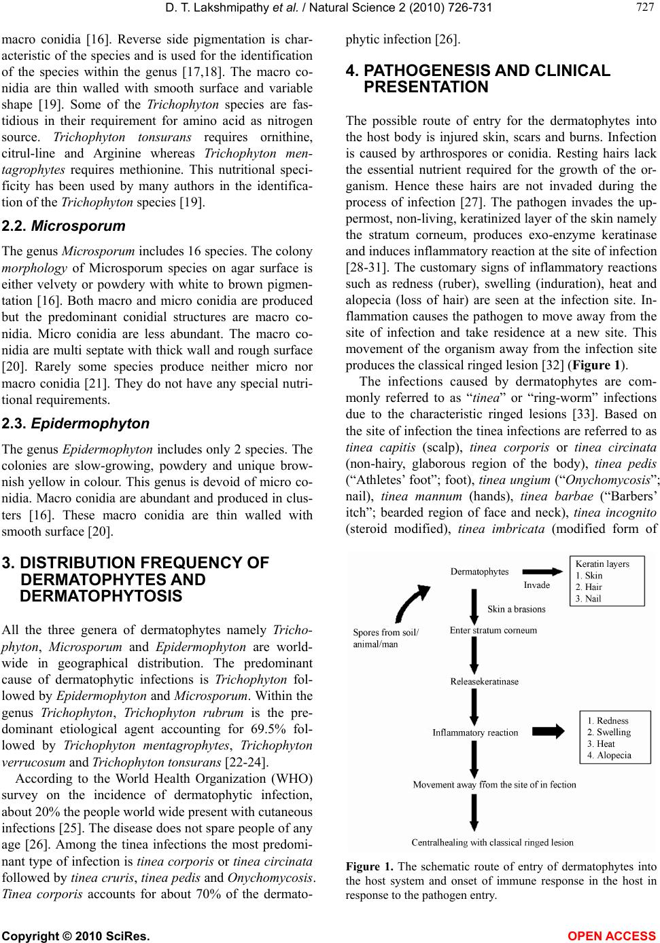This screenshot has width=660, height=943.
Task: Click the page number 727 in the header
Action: tap(644, 7)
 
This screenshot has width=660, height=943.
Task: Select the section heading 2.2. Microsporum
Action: tap(64, 225)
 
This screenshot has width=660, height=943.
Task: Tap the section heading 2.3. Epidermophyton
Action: tap(75, 424)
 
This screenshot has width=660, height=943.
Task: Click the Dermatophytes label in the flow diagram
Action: tap(479, 572)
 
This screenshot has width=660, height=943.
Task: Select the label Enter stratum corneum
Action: tap(493, 630)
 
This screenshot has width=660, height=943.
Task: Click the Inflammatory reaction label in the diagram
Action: tap(475, 733)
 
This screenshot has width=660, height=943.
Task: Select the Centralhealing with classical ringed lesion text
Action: tap(492, 843)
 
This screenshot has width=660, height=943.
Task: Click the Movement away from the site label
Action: tap(494, 784)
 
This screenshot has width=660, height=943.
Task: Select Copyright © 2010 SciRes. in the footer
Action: tap(75, 937)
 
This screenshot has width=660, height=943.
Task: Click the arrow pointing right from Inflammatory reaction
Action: tap(551, 731)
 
